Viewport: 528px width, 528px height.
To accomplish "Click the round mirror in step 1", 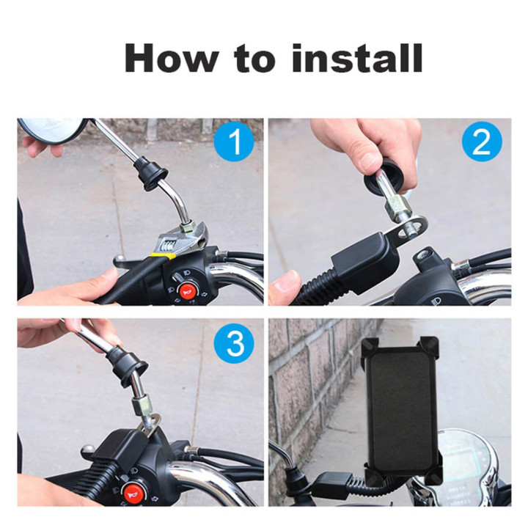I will click(x=52, y=130).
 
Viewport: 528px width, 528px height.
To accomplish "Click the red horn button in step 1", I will click(x=186, y=291).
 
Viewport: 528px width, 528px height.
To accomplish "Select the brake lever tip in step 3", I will click(x=88, y=448).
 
